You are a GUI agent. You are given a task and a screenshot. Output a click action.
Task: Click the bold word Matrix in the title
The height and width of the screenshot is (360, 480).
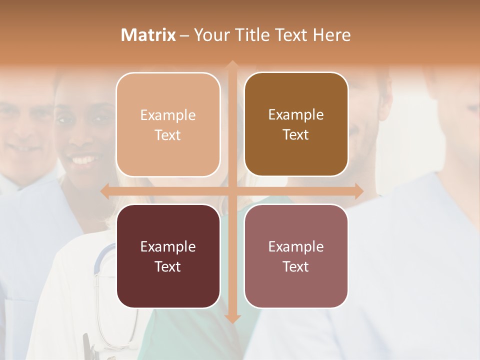point(148,35)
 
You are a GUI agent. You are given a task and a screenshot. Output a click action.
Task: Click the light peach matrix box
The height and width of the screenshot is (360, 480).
point(168,124)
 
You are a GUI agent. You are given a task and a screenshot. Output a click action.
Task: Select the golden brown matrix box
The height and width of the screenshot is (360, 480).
point(296,124)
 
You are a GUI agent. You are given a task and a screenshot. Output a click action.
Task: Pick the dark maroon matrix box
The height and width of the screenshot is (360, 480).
point(168,256)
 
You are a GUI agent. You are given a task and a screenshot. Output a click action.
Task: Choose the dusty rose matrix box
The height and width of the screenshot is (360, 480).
point(296,256)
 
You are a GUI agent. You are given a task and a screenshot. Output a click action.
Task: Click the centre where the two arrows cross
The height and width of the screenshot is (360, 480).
point(232,191)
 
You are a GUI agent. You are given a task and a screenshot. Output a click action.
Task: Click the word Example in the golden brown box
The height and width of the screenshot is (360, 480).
point(296,114)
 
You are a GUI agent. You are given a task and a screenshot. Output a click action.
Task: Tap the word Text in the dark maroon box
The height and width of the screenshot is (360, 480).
point(168,266)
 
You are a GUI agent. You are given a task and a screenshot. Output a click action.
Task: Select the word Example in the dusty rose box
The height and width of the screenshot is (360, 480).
point(296,246)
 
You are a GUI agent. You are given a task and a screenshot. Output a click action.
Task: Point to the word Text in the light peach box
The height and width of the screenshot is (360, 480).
point(168,135)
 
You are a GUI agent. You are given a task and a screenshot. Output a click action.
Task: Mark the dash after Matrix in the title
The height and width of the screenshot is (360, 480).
point(184,35)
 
